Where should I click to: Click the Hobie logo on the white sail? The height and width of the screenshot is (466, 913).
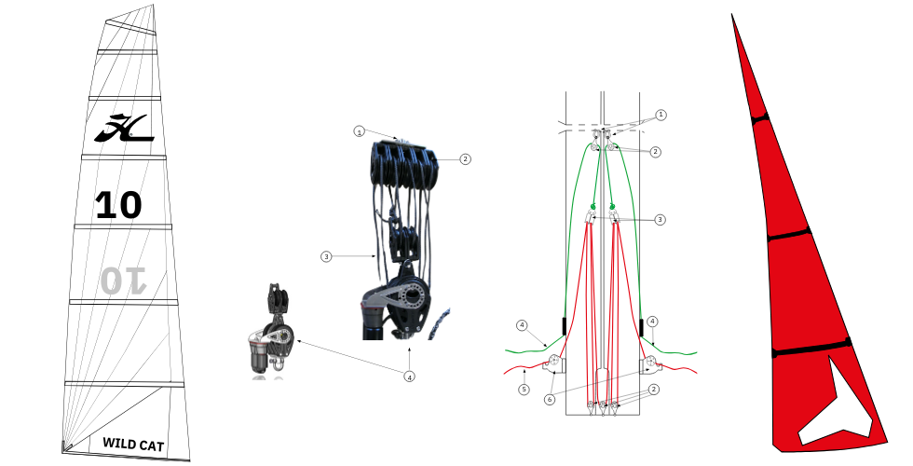tap(124, 129)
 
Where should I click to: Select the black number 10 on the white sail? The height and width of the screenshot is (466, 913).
tap(119, 205)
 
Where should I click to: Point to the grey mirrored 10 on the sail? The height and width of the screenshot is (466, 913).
tap(124, 281)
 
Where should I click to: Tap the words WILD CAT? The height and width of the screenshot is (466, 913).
tap(133, 445)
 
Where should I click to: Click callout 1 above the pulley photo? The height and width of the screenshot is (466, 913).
tap(360, 131)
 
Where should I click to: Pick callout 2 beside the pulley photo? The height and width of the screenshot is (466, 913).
tap(465, 158)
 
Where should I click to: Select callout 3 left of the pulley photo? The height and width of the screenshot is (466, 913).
tap(326, 256)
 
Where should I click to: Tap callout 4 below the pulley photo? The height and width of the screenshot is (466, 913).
tap(410, 377)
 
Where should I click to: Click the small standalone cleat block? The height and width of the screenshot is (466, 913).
tap(270, 332)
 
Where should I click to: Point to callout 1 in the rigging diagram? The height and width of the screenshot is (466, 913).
tap(661, 116)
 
